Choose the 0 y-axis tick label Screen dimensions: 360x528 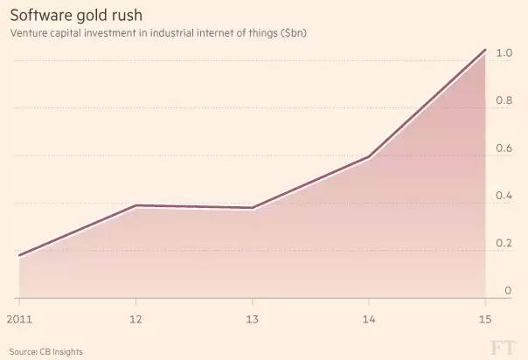(508, 291)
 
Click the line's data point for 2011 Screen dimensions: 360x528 (18, 256)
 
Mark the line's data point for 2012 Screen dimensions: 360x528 (135, 205)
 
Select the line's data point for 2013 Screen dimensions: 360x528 (252, 208)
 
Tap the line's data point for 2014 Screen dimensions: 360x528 (369, 157)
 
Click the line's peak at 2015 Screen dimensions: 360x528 (484, 50)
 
